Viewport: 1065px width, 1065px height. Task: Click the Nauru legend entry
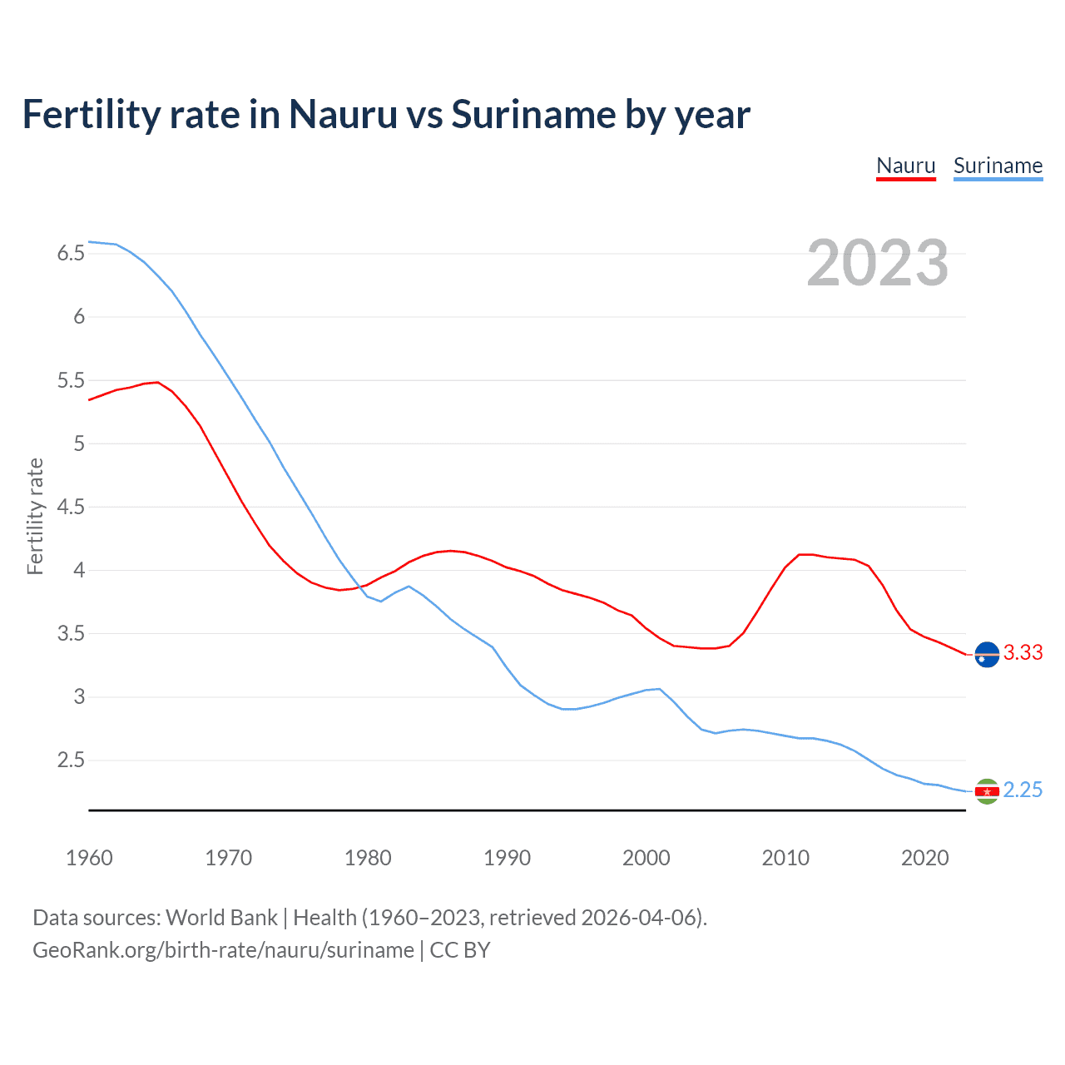pos(906,166)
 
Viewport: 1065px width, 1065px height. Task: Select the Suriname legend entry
pos(998,166)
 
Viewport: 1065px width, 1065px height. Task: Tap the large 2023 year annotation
pos(877,263)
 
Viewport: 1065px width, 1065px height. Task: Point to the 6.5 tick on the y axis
pos(71,253)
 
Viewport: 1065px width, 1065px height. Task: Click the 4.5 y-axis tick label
pos(71,507)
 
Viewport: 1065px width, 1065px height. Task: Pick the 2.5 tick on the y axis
pos(71,760)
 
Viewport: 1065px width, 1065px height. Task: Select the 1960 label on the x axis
pos(89,858)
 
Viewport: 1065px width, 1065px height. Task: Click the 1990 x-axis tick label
pos(507,858)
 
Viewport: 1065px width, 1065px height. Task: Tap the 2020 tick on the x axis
pos(924,858)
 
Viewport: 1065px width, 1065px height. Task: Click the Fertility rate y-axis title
pos(35,516)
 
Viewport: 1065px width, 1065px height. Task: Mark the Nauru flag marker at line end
pos(987,655)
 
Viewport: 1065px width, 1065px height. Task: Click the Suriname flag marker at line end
pos(987,791)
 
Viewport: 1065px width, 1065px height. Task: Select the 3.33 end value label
pos(1023,653)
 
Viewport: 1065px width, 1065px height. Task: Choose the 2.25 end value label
pos(1023,790)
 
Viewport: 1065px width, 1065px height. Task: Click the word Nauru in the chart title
pos(343,114)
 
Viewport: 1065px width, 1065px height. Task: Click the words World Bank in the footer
pos(221,918)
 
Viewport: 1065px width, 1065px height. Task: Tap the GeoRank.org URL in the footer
pos(223,950)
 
